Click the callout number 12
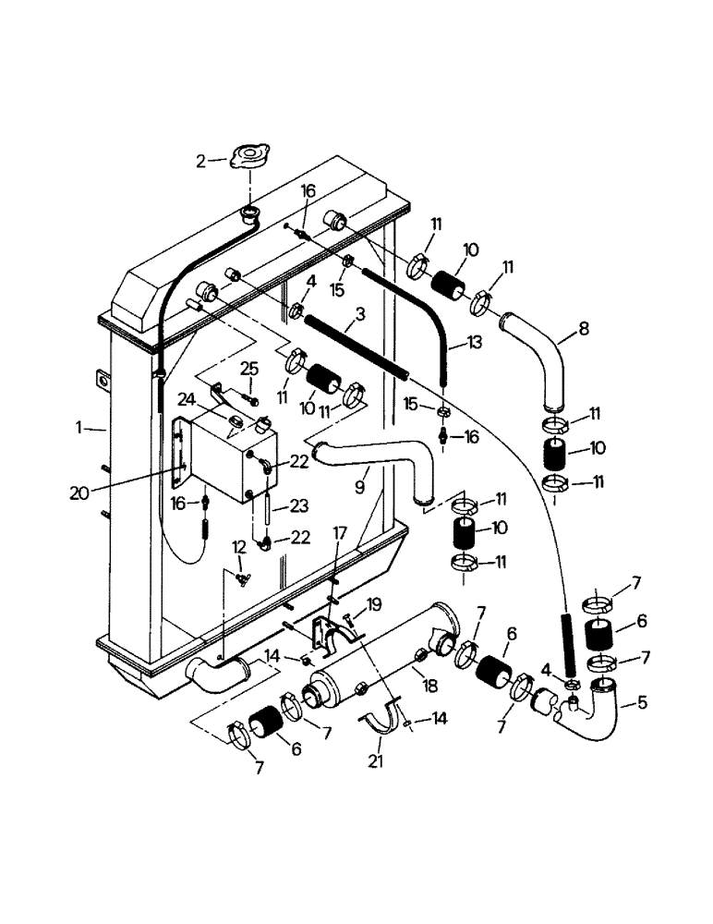click(x=238, y=547)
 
